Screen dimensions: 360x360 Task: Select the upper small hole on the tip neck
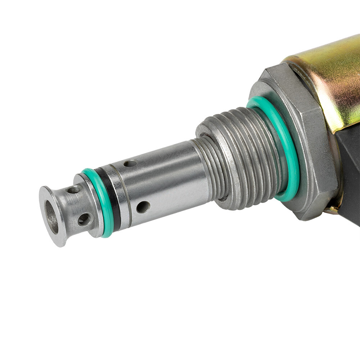click(73, 189)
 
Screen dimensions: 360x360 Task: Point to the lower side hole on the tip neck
click(85, 219)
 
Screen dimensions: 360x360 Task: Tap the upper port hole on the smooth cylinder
click(130, 163)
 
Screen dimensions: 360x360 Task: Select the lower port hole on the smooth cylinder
click(143, 207)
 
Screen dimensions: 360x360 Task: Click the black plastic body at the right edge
click(351, 173)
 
